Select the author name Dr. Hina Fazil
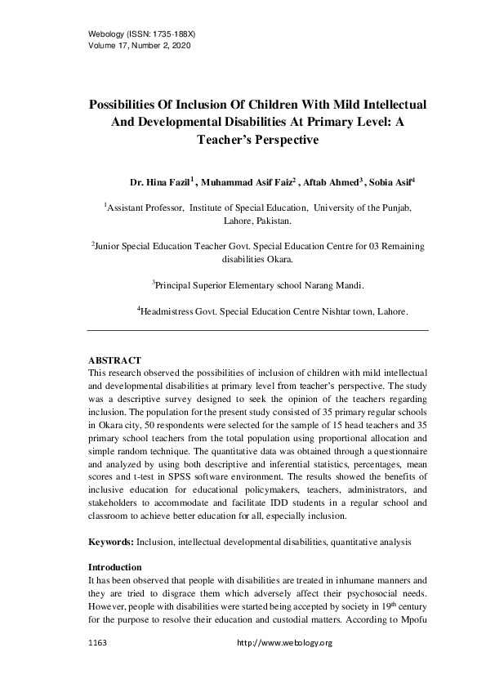pyautogui.click(x=161, y=181)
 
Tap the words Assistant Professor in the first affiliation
pyautogui.click(x=146, y=209)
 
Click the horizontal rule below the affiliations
pyautogui.click(x=257, y=330)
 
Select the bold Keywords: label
pyautogui.click(x=110, y=542)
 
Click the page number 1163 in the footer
pyautogui.click(x=97, y=644)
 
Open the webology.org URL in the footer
pyautogui.click(x=284, y=644)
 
